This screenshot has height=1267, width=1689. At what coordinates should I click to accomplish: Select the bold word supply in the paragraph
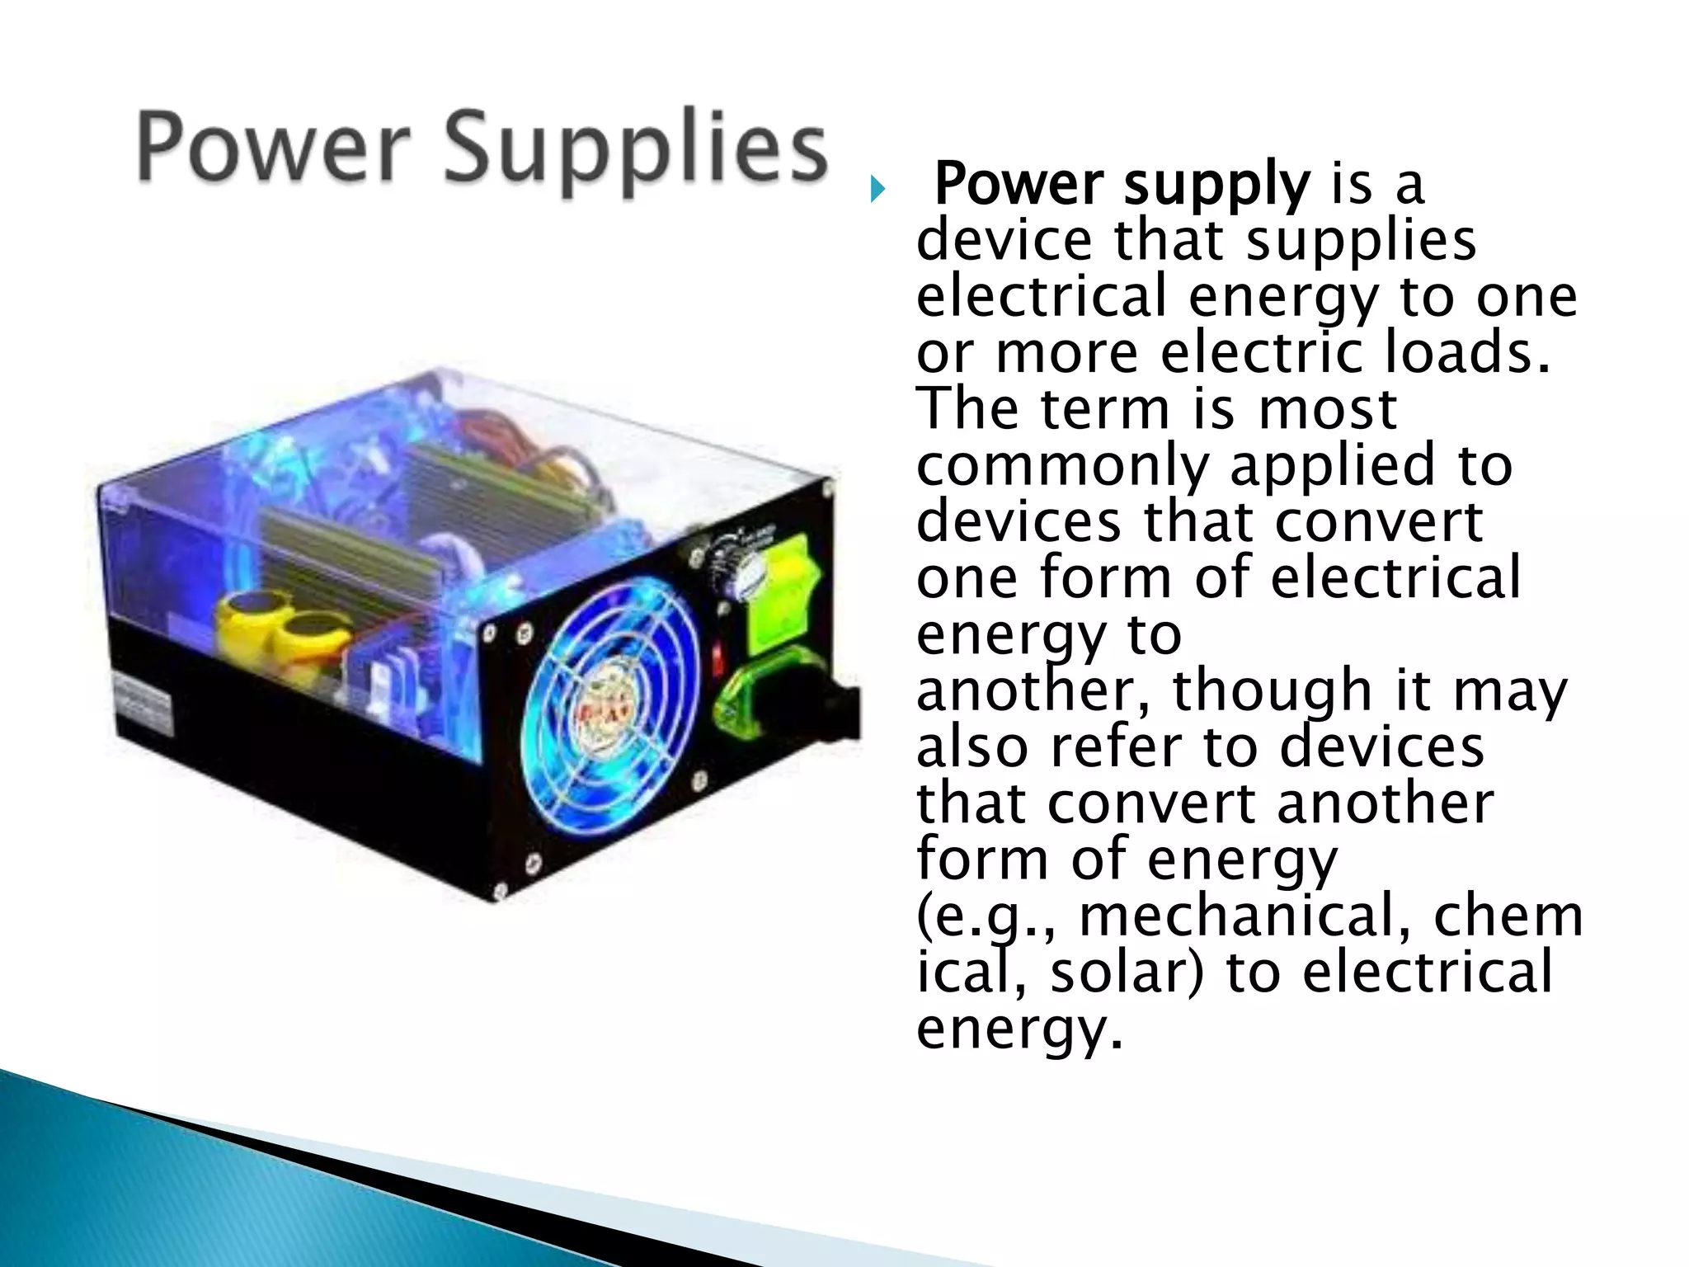point(1216,185)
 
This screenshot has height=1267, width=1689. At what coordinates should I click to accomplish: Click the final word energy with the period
point(1019,1029)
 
